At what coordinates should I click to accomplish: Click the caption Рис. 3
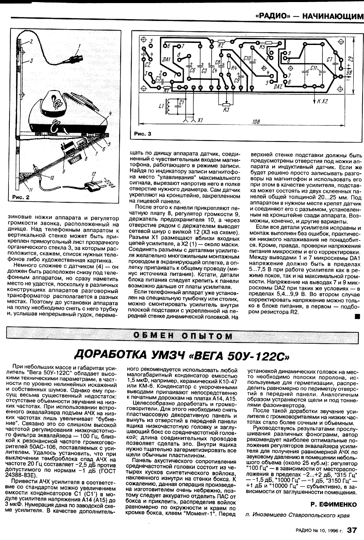[x=142, y=134]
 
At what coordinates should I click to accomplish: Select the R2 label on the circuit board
[x=221, y=45]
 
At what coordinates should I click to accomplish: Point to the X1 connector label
[x=200, y=120]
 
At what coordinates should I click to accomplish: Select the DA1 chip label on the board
[x=166, y=60]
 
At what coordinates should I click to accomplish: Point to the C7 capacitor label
[x=329, y=60]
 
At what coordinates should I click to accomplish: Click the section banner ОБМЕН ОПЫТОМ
[x=183, y=336]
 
